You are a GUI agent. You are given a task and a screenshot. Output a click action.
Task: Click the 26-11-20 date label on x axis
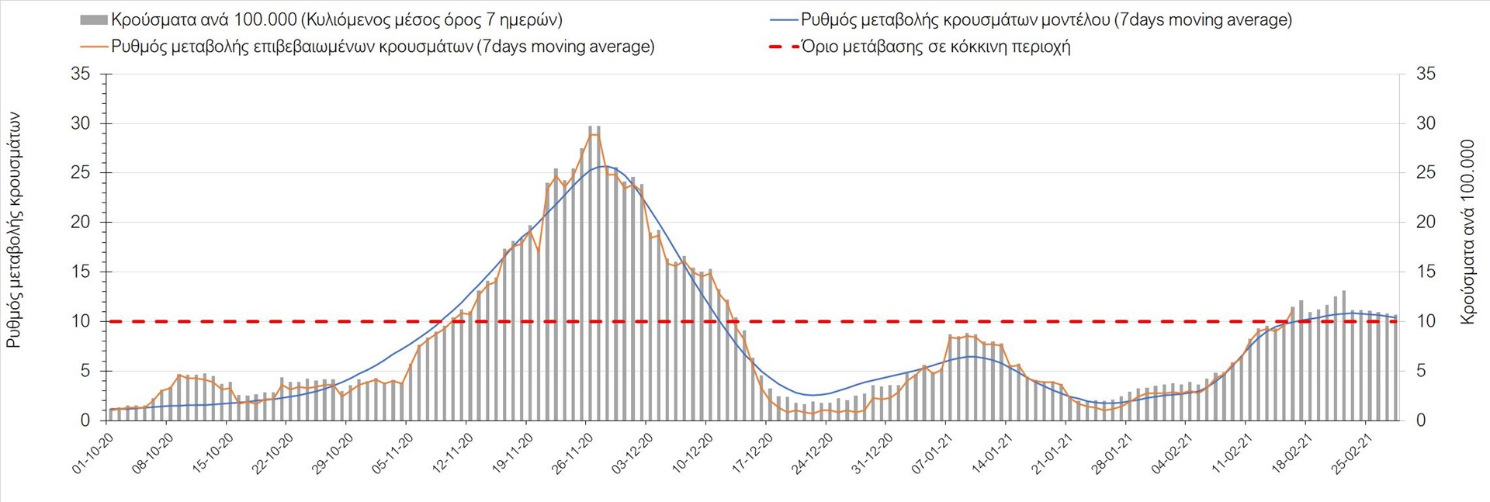point(573,453)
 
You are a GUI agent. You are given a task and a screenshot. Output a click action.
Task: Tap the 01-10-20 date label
point(94,453)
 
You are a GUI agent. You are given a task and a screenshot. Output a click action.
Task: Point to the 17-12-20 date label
point(753,453)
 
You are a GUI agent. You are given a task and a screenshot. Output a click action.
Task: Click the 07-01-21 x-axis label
point(932,453)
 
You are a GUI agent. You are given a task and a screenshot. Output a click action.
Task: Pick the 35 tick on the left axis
point(80,74)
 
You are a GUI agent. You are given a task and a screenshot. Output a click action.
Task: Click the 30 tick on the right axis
point(1426,123)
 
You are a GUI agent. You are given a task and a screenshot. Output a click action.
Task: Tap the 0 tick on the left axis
point(85,421)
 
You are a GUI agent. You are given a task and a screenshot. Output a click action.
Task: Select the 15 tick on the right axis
point(1426,272)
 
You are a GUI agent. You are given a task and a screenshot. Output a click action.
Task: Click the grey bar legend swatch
point(93,20)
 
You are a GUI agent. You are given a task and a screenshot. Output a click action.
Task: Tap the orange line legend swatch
point(93,47)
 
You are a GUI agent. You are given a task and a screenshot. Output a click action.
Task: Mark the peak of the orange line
point(594,134)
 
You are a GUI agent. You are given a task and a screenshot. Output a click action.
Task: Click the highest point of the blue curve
point(604,166)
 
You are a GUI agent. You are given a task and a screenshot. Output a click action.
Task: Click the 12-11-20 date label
point(453,453)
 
